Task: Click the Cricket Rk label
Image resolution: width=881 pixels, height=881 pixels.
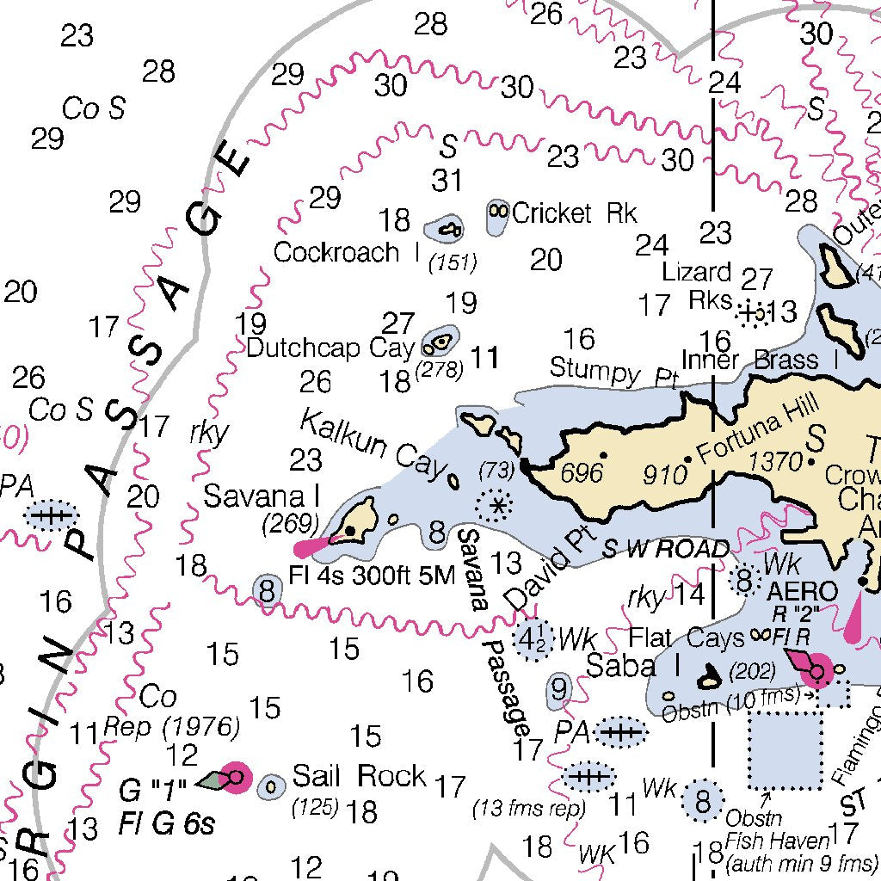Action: click(x=574, y=213)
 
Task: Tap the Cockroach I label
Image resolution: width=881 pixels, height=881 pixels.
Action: click(x=336, y=252)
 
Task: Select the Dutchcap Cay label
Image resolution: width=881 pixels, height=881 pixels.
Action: click(x=330, y=348)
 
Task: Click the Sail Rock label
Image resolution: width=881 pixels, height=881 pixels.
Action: click(x=359, y=776)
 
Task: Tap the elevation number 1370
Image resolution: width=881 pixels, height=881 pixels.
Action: click(x=774, y=463)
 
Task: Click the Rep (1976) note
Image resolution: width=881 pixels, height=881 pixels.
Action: click(x=171, y=727)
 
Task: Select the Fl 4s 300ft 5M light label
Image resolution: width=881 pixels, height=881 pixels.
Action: click(x=372, y=575)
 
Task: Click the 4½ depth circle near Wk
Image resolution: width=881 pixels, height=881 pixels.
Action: click(x=531, y=639)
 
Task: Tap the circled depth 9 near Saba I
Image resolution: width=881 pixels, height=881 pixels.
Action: click(x=559, y=688)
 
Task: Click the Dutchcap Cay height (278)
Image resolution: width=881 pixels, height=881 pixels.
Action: click(x=439, y=370)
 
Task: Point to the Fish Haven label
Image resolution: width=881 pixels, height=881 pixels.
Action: click(x=777, y=840)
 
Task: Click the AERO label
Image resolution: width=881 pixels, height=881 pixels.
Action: click(x=801, y=591)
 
